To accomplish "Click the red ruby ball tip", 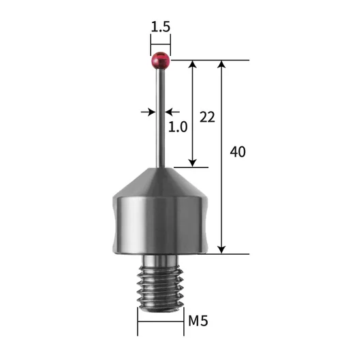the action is coord(161,61).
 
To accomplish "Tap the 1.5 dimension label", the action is coord(161,27).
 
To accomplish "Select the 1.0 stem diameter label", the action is coord(178,127).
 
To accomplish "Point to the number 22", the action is coord(207,117).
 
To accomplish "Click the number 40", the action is coord(238,152).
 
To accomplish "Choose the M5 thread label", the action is coord(198,321).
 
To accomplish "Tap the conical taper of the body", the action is coord(161,182).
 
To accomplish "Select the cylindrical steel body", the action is coord(161,225).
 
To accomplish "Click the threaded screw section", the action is coord(161,288).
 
